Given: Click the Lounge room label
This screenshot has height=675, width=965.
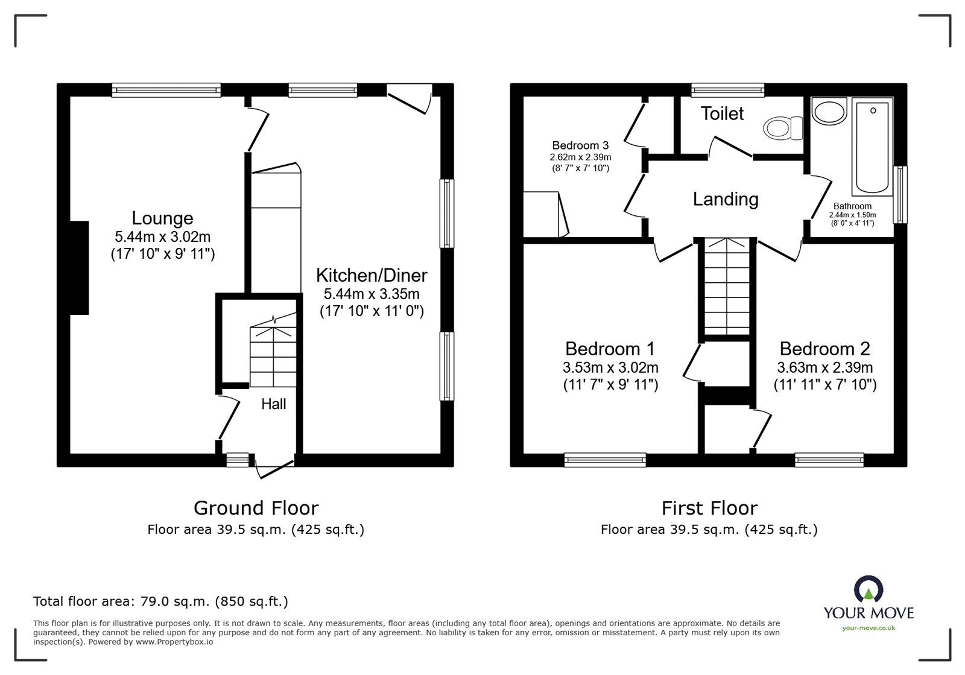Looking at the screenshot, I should pyautogui.click(x=162, y=218).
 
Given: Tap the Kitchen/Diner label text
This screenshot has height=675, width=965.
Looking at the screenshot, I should pyautogui.click(x=372, y=276).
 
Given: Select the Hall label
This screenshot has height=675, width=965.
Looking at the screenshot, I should pyautogui.click(x=273, y=404).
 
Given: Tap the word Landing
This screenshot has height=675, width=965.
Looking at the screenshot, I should pyautogui.click(x=725, y=199).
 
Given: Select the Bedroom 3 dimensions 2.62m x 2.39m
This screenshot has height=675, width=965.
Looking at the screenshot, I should pyautogui.click(x=580, y=157).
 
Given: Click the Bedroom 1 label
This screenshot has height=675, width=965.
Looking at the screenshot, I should pyautogui.click(x=610, y=349).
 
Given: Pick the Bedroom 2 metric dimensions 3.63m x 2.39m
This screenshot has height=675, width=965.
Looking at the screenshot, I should pyautogui.click(x=824, y=367).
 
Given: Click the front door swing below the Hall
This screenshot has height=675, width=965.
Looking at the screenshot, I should pyautogui.click(x=274, y=468).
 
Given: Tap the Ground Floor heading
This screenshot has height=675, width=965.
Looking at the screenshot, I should pyautogui.click(x=256, y=508).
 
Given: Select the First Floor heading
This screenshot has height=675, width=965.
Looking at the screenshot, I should pyautogui.click(x=709, y=508).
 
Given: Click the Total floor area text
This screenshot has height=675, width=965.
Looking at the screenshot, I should pyautogui.click(x=160, y=601).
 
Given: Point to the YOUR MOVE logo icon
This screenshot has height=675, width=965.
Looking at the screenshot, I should pyautogui.click(x=868, y=589).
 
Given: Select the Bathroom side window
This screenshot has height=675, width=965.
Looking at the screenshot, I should pyautogui.click(x=900, y=195).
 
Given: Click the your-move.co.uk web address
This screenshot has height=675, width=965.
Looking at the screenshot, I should pyautogui.click(x=868, y=628).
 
